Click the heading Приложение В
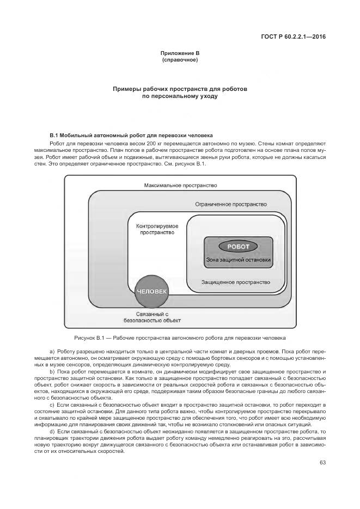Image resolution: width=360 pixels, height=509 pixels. [180, 53]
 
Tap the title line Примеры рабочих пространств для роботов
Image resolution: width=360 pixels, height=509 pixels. [180, 88]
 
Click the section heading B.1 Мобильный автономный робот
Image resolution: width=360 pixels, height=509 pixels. [131, 134]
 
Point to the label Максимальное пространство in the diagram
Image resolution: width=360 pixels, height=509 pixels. [180, 186]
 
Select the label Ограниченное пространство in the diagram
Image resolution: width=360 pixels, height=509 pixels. [230, 204]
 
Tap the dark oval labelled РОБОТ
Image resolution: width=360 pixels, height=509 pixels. [238, 247]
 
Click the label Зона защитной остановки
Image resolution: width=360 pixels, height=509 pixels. [238, 260]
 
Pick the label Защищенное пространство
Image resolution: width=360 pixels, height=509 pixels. [235, 282]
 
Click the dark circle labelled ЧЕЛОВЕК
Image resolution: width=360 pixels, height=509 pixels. [152, 291]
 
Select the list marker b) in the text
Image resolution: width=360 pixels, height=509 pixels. [52, 371]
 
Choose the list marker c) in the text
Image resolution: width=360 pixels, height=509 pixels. [52, 406]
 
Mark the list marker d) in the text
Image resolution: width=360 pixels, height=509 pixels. [52, 431]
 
